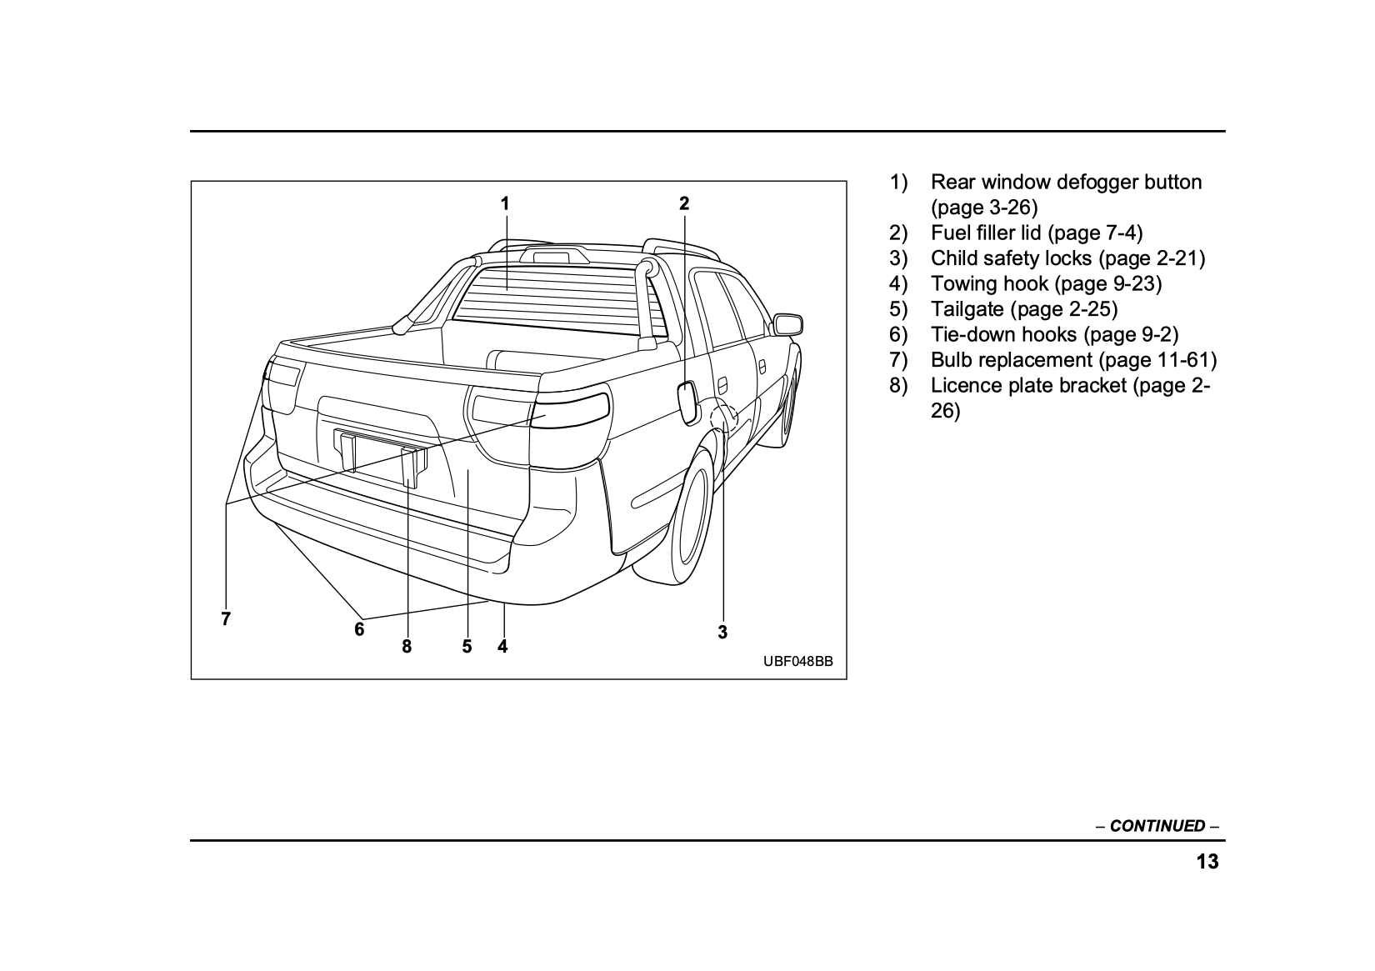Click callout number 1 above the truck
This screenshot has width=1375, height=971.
pyautogui.click(x=505, y=203)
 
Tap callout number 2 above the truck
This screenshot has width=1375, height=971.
pyautogui.click(x=684, y=203)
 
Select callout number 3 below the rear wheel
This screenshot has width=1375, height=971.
pyautogui.click(x=722, y=633)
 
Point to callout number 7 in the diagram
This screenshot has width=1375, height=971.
pyautogui.click(x=226, y=619)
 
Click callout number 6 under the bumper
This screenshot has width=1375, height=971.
pyautogui.click(x=359, y=629)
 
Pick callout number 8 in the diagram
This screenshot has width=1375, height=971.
pyautogui.click(x=407, y=647)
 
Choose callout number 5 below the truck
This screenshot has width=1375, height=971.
pyautogui.click(x=467, y=647)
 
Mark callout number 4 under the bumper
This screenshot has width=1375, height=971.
pyautogui.click(x=502, y=647)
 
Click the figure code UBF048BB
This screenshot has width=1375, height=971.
pyautogui.click(x=797, y=662)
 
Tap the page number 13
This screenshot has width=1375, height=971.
pyautogui.click(x=1207, y=862)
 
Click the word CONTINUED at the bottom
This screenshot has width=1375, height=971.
pyautogui.click(x=1157, y=826)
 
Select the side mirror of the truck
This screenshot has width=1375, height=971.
pyautogui.click(x=787, y=324)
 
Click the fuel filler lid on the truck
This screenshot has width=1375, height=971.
pyautogui.click(x=689, y=403)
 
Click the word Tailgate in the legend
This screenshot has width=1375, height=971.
pyautogui.click(x=967, y=309)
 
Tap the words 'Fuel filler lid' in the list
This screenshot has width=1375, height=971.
pyautogui.click(x=986, y=233)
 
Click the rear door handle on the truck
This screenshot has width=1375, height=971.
pyautogui.click(x=722, y=384)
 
